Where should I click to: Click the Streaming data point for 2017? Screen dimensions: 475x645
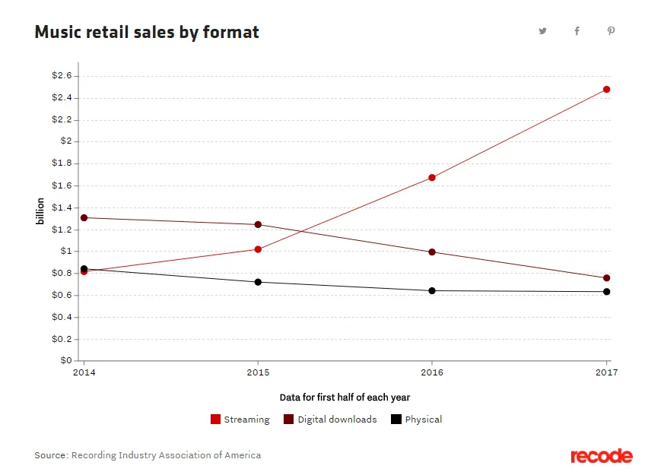coord(606,90)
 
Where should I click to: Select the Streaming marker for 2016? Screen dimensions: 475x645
coord(432,178)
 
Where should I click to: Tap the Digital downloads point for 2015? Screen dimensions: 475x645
coord(258,225)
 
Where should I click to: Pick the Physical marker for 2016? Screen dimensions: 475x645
coord(432,290)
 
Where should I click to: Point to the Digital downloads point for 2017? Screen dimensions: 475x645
coord(606,278)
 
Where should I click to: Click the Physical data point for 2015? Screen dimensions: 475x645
coord(258,282)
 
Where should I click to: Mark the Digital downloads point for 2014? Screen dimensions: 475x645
coord(84,218)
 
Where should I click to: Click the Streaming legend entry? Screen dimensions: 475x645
coord(240,420)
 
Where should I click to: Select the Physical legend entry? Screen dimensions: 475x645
coord(416,420)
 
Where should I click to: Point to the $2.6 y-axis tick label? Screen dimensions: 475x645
coord(62,76)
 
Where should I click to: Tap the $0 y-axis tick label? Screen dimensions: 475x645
coord(66,361)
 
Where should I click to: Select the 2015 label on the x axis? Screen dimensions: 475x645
coord(258,372)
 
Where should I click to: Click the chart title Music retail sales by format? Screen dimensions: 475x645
coord(147,33)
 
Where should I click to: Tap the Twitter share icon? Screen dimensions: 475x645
coord(542,31)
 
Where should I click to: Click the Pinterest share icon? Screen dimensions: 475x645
coord(611,31)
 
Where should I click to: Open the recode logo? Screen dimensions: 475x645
coord(601,456)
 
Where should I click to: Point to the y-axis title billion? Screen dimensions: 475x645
coord(40,211)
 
